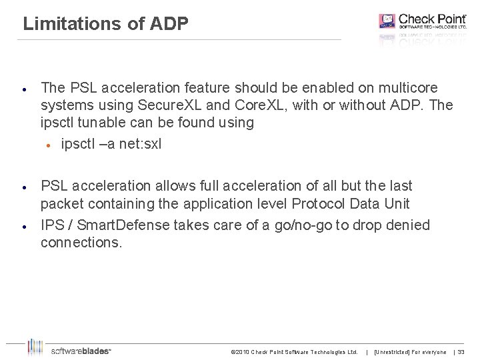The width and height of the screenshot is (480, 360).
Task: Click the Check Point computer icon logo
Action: [387, 21]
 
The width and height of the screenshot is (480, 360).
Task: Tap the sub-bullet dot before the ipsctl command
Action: [48, 145]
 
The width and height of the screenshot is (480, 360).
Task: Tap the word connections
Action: [81, 243]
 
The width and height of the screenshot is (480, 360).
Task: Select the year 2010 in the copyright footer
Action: [244, 352]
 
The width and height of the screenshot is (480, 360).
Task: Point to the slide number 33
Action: [461, 352]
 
